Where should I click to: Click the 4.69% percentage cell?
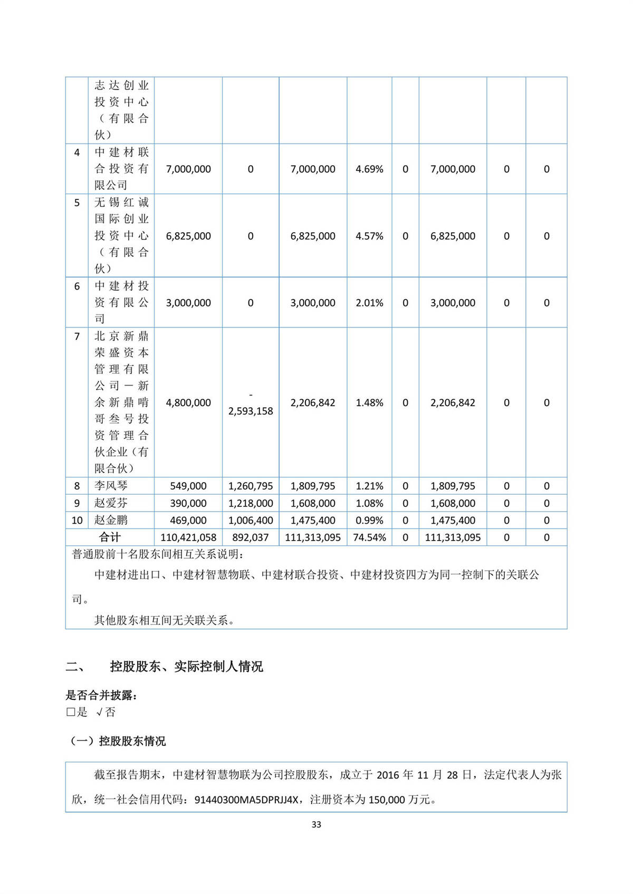tap(369, 169)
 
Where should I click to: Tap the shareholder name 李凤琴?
tap(111, 486)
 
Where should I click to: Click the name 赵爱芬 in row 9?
tap(111, 503)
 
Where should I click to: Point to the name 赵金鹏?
tap(111, 520)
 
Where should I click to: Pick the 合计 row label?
tap(110, 537)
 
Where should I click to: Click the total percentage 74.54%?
tap(369, 537)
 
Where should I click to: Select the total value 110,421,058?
tap(188, 537)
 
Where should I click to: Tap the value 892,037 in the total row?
tap(251, 537)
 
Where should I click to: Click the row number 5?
tap(77, 203)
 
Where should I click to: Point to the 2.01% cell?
tap(369, 303)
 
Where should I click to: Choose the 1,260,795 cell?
tap(251, 486)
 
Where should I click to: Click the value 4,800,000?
tap(188, 402)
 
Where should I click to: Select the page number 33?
tap(316, 824)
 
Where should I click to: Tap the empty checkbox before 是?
tap(71, 712)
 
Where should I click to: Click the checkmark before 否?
tap(100, 712)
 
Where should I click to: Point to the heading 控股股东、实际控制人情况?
tap(186, 667)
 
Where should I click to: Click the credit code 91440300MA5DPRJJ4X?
tap(246, 800)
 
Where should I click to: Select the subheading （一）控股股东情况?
tap(118, 741)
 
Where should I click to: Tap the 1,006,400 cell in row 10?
tap(251, 520)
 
